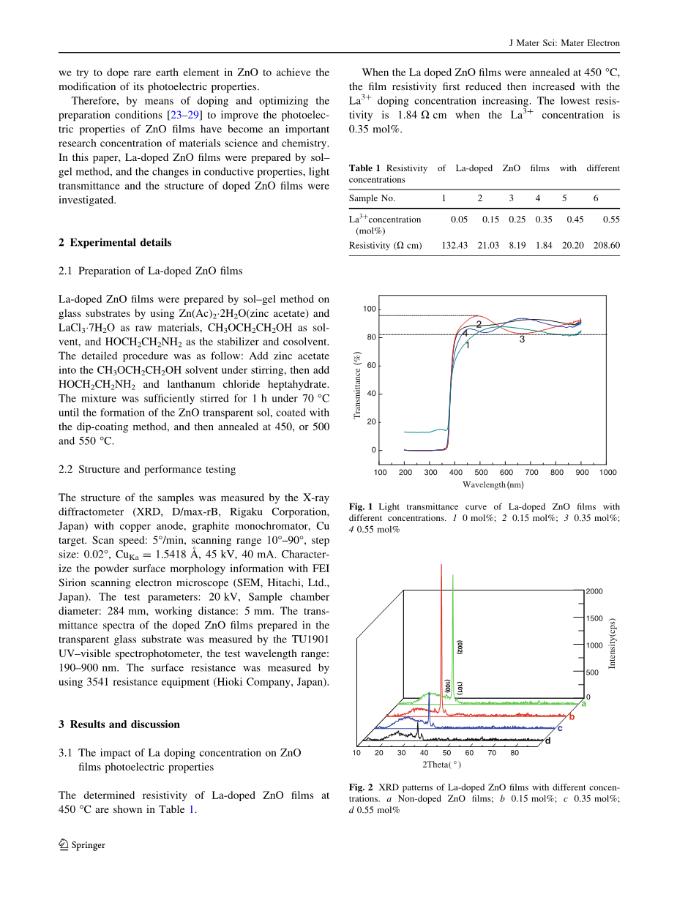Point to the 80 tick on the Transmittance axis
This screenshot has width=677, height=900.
(371, 337)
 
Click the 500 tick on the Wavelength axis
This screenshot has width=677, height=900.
(481, 472)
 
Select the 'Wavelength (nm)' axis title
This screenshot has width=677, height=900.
(493, 484)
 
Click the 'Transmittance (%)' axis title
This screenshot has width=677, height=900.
(357, 386)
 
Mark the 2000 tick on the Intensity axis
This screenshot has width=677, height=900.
(594, 591)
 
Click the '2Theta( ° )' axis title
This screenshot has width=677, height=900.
(441, 765)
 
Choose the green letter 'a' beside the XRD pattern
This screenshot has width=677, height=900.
(583, 703)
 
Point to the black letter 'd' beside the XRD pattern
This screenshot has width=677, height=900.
(547, 740)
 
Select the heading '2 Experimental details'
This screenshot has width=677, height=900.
(115, 243)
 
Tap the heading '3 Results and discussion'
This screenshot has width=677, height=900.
(119, 724)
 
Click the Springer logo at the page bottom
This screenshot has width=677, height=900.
(64, 844)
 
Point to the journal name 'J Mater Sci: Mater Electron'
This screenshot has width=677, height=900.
(564, 43)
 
